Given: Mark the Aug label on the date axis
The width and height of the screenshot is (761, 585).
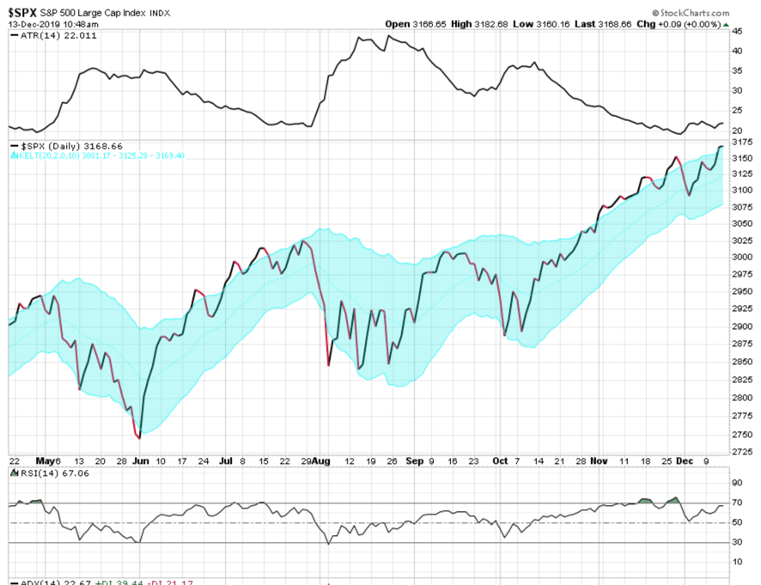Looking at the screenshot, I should (x=321, y=461).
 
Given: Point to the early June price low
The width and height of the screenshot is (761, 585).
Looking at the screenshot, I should (x=138, y=437).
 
